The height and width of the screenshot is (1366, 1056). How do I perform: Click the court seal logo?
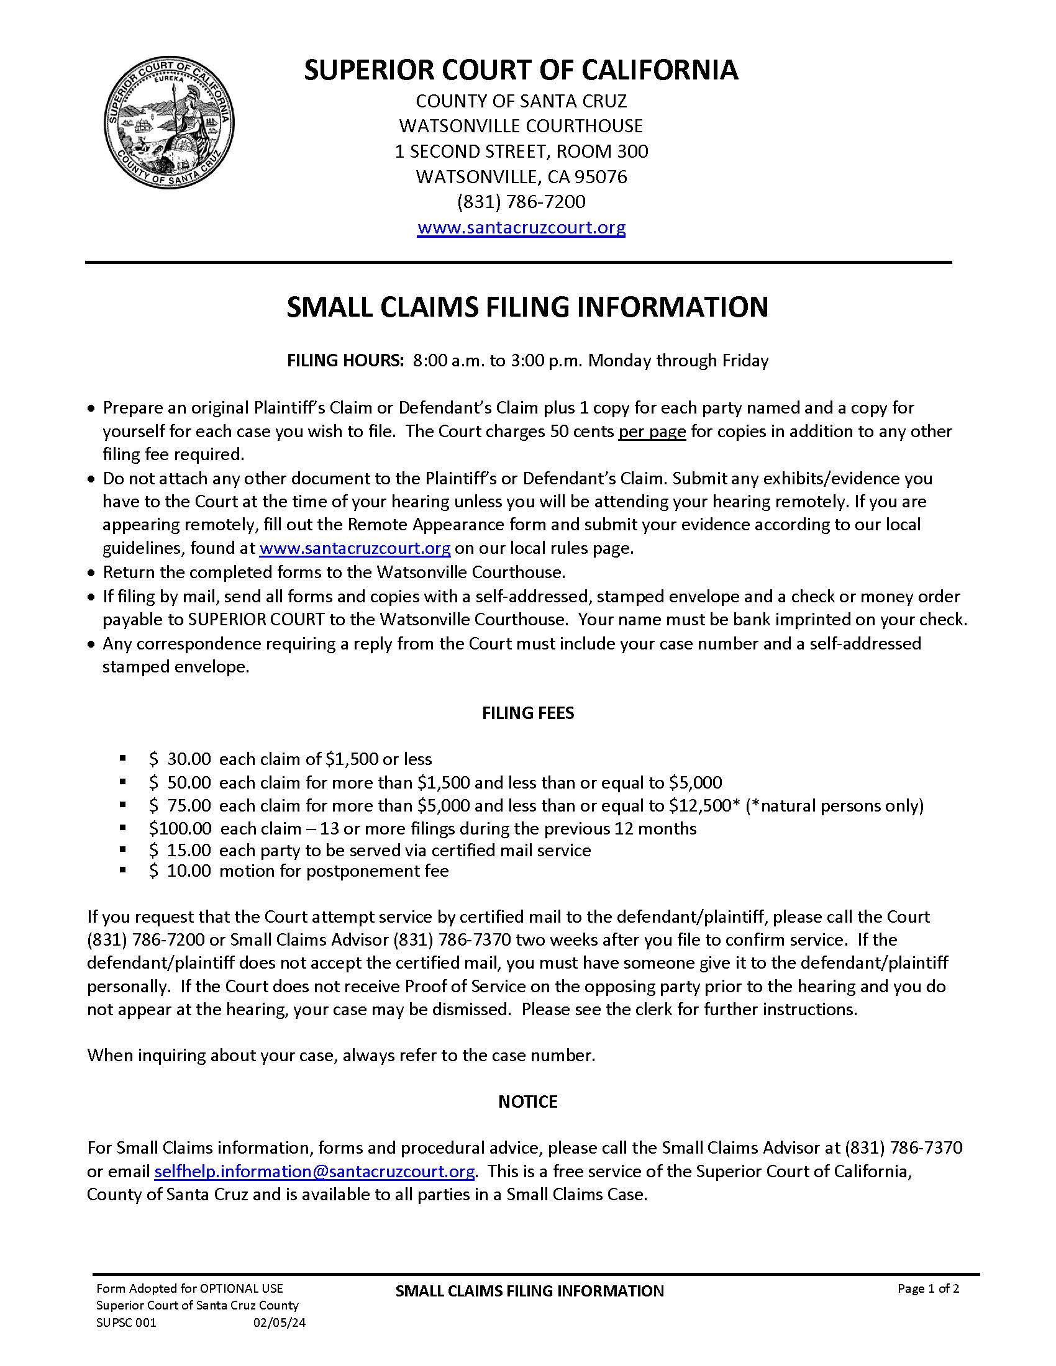click(x=169, y=124)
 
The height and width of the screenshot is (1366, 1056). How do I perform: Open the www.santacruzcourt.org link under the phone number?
click(x=521, y=227)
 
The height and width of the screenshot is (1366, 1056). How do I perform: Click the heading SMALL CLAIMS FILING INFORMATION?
click(x=527, y=308)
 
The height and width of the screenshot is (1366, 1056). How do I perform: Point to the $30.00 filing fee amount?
click(x=180, y=759)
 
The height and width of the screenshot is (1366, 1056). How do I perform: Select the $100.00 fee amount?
click(x=180, y=828)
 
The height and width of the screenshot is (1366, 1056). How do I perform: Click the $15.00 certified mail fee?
click(x=180, y=850)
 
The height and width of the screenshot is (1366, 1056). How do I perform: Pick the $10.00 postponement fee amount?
click(x=180, y=871)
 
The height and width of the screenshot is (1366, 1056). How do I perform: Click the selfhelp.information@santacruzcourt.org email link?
click(x=314, y=1171)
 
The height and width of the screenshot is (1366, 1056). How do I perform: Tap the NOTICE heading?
click(x=527, y=1101)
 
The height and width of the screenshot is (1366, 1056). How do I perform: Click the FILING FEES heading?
click(x=527, y=713)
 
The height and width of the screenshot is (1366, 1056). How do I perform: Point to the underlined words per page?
click(x=652, y=432)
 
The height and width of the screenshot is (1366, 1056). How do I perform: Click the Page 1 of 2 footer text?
click(x=928, y=1288)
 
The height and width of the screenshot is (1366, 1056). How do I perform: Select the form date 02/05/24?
click(x=279, y=1323)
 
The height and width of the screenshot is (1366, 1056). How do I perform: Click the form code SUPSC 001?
click(x=125, y=1323)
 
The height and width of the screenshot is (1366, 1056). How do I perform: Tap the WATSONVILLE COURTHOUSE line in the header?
click(x=521, y=126)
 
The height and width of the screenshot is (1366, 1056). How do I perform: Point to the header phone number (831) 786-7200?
click(x=521, y=202)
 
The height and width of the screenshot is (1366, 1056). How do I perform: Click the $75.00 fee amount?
click(x=180, y=805)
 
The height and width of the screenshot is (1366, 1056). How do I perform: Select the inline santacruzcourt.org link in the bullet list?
click(x=355, y=548)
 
